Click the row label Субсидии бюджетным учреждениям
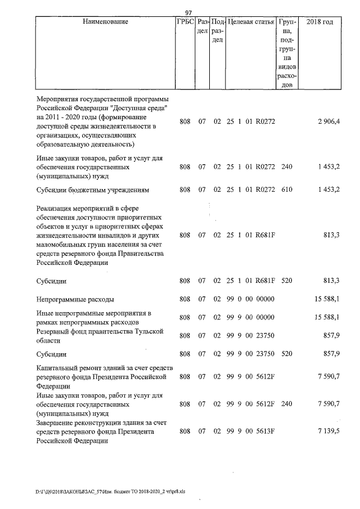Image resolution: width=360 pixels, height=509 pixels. (92, 190)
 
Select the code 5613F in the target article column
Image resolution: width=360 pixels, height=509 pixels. (264, 431)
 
